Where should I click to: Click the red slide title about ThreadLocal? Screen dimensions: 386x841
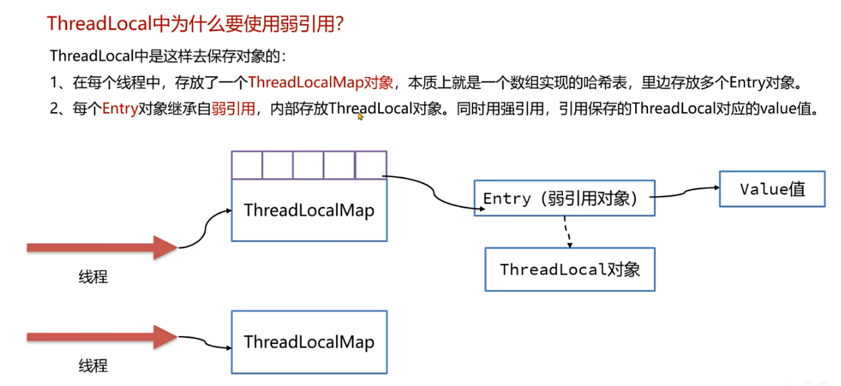tap(196, 24)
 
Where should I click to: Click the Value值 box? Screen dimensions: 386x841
tap(772, 189)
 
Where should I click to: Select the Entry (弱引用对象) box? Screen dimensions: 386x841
tap(564, 198)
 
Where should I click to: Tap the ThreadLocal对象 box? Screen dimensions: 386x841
tap(570, 269)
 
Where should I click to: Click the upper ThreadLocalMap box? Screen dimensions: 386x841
tap(309, 210)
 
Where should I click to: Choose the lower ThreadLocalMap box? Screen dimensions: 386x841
tap(309, 341)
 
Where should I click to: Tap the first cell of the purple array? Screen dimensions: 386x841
tap(246, 165)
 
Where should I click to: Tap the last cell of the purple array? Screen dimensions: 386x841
tap(371, 165)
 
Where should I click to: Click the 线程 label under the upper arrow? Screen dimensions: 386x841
tap(92, 276)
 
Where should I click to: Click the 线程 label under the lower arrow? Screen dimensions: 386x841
tap(92, 366)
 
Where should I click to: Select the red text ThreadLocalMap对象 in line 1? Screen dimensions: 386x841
tap(321, 83)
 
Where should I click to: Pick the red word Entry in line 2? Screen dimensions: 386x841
tap(120, 110)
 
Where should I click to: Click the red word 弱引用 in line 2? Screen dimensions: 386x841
tap(233, 110)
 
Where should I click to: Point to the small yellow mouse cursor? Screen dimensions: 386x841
tap(360, 116)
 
